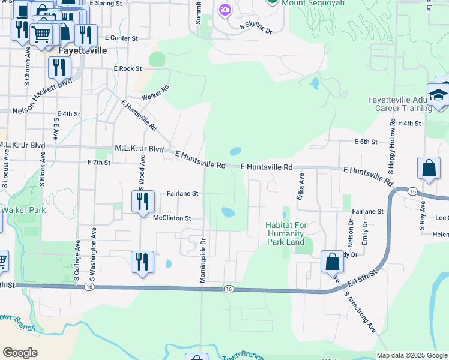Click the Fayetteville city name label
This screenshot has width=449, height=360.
click(82, 51)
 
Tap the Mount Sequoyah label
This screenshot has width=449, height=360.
click(310, 2)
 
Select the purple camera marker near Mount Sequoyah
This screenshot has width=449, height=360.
click(225, 10)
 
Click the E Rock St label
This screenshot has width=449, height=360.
click(127, 69)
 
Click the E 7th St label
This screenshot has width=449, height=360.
click(99, 163)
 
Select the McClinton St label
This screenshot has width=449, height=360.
click(172, 218)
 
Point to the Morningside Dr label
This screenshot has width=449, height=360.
click(203, 260)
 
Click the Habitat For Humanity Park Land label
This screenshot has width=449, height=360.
click(286, 233)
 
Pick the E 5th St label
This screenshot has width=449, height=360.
click(365, 142)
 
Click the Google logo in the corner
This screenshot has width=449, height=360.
click(20, 352)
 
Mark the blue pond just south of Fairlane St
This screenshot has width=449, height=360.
click(228, 212)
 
